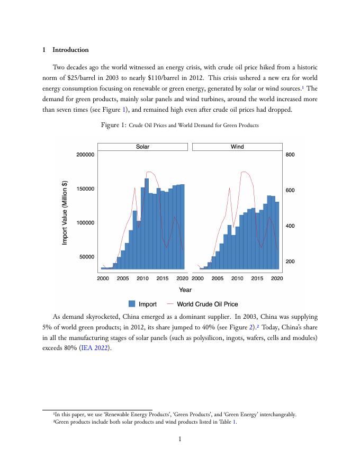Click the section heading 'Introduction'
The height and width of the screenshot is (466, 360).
pyautogui.click(x=70, y=50)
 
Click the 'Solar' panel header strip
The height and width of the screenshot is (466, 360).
pyautogui.click(x=142, y=147)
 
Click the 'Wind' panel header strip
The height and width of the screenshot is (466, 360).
pyautogui.click(x=237, y=147)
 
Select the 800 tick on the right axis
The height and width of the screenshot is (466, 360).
pyautogui.click(x=290, y=155)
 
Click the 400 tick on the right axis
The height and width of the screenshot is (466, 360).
pyautogui.click(x=290, y=226)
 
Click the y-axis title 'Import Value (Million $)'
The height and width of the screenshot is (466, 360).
pyautogui.click(x=65, y=212)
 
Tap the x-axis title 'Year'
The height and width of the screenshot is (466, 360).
pyautogui.click(x=185, y=290)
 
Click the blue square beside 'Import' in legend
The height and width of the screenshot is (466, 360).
pyautogui.click(x=132, y=304)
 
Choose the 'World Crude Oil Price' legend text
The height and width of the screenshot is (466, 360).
pyautogui.click(x=207, y=304)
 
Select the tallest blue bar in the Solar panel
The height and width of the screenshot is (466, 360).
pyautogui.click(x=147, y=223)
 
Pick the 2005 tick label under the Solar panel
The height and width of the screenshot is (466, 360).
pyautogui.click(x=123, y=278)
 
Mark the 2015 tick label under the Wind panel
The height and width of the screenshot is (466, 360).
pyautogui.click(x=257, y=278)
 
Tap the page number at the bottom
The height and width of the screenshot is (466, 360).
pyautogui.click(x=180, y=438)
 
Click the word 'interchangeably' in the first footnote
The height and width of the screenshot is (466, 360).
pyautogui.click(x=277, y=415)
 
